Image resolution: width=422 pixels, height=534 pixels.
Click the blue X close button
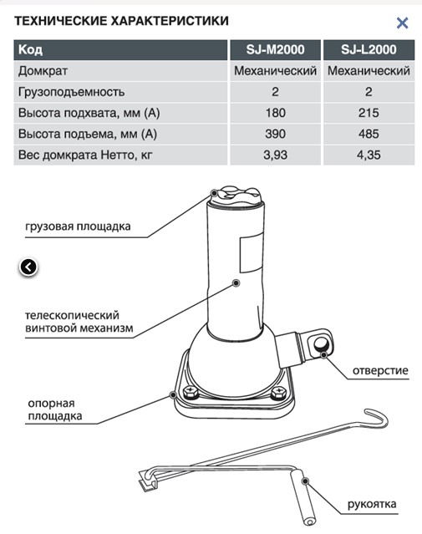(x=402, y=23)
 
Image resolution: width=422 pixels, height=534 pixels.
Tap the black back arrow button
(x=28, y=267)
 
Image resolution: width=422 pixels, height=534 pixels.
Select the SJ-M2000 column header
(x=275, y=49)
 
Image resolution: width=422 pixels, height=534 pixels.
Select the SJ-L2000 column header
(x=369, y=49)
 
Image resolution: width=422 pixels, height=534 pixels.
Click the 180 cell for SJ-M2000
(x=275, y=113)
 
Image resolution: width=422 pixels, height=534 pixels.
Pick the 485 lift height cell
(x=369, y=134)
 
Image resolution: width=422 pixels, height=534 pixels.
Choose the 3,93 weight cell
(x=275, y=155)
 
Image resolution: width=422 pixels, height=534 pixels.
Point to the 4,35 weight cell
(x=369, y=155)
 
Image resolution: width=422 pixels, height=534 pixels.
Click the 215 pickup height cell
(x=369, y=113)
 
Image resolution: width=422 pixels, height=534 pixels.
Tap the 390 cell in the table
(x=275, y=134)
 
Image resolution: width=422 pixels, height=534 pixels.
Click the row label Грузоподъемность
(x=72, y=92)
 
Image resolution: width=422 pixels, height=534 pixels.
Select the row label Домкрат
(x=43, y=71)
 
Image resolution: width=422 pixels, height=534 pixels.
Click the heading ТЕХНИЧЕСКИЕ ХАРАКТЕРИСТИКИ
(x=121, y=21)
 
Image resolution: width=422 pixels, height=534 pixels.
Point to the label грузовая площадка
(x=78, y=226)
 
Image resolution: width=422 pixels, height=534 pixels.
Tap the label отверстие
(x=380, y=370)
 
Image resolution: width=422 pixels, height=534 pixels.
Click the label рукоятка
(x=372, y=505)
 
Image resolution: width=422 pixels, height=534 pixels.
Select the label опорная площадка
(x=55, y=409)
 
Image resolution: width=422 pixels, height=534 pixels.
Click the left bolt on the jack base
(x=191, y=392)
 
